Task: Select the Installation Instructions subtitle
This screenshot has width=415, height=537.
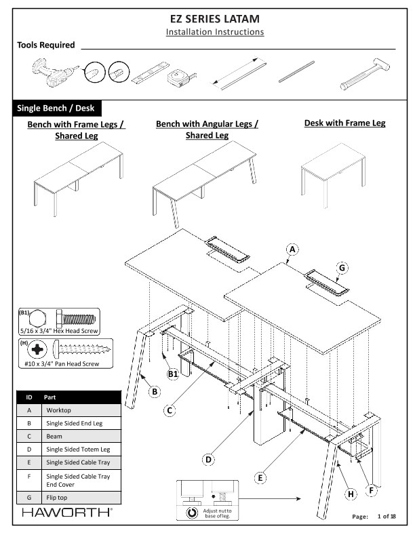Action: click(215, 32)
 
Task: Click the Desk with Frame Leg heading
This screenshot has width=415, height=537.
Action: click(344, 123)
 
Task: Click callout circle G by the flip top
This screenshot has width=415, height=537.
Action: click(342, 268)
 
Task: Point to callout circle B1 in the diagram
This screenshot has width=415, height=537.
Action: click(173, 374)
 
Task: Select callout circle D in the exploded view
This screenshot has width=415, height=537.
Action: click(209, 459)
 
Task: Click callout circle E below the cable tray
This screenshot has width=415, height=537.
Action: click(260, 478)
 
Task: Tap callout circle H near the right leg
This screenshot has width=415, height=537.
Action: click(351, 494)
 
